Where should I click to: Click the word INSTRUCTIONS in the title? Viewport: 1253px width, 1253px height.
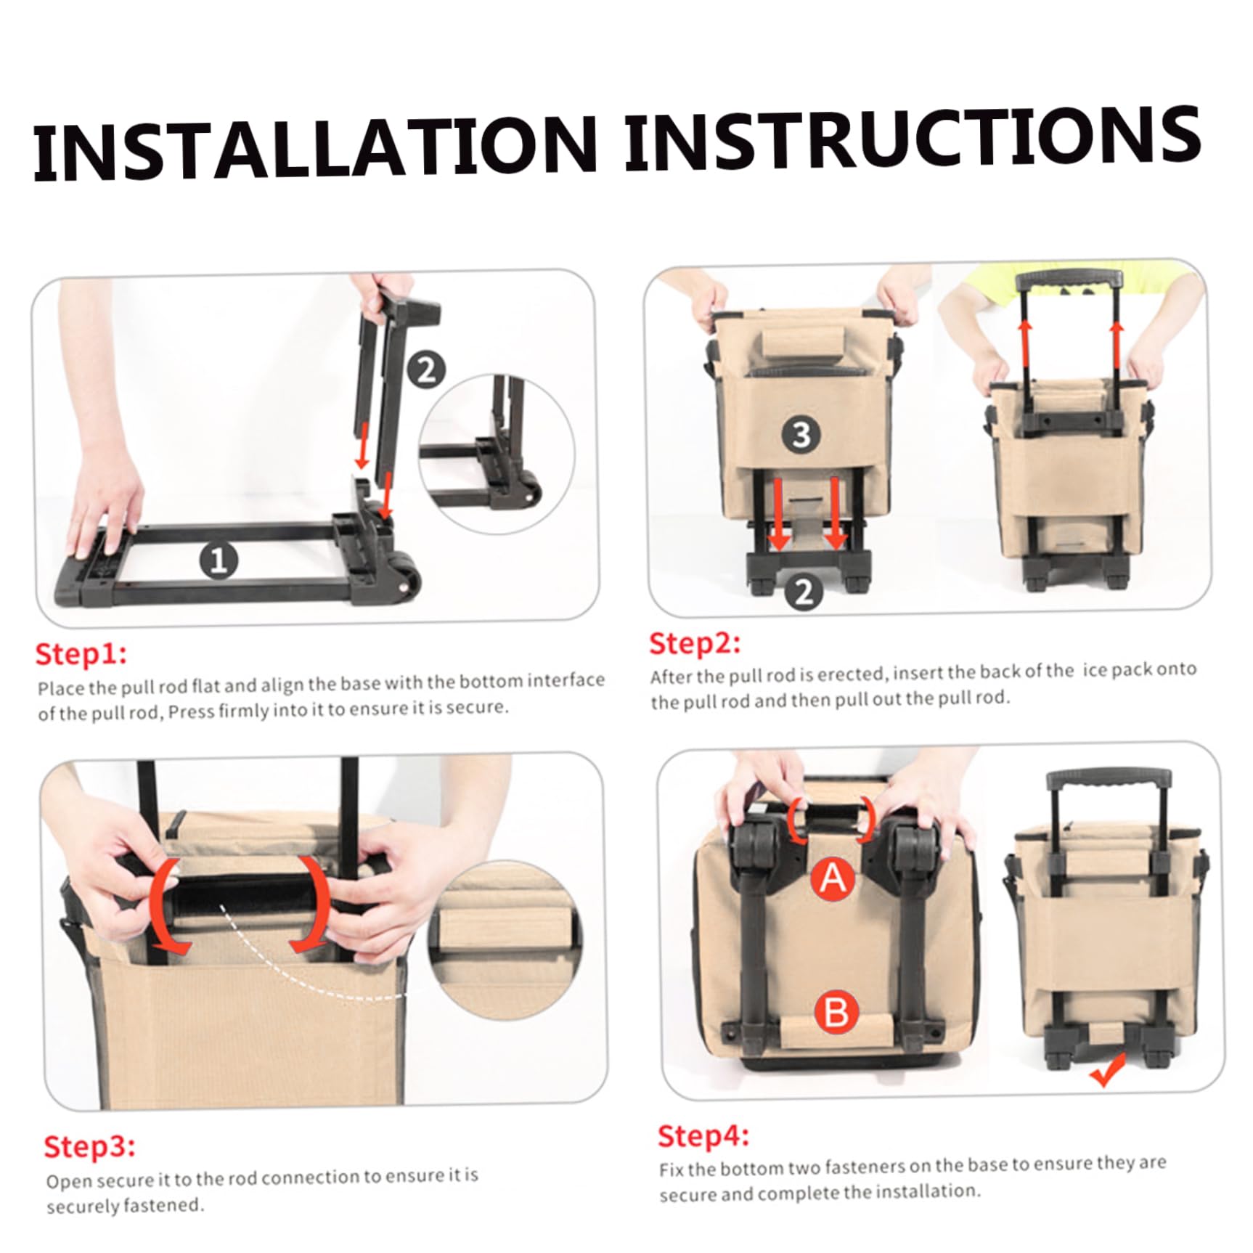912,138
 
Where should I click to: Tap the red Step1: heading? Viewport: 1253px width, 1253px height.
81,653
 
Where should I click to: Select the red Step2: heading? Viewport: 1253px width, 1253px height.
695,643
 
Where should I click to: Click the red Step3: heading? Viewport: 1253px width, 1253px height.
89,1146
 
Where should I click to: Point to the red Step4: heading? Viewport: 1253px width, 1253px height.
703,1136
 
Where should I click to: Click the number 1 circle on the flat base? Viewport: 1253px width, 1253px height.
219,561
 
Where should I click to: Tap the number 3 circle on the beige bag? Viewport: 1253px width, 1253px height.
801,435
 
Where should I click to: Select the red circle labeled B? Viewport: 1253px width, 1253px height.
836,1012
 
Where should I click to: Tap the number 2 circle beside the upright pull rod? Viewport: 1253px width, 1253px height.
426,371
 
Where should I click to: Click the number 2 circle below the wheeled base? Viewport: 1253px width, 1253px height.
803,592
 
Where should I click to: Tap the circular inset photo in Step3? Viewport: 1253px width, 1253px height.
507,939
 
